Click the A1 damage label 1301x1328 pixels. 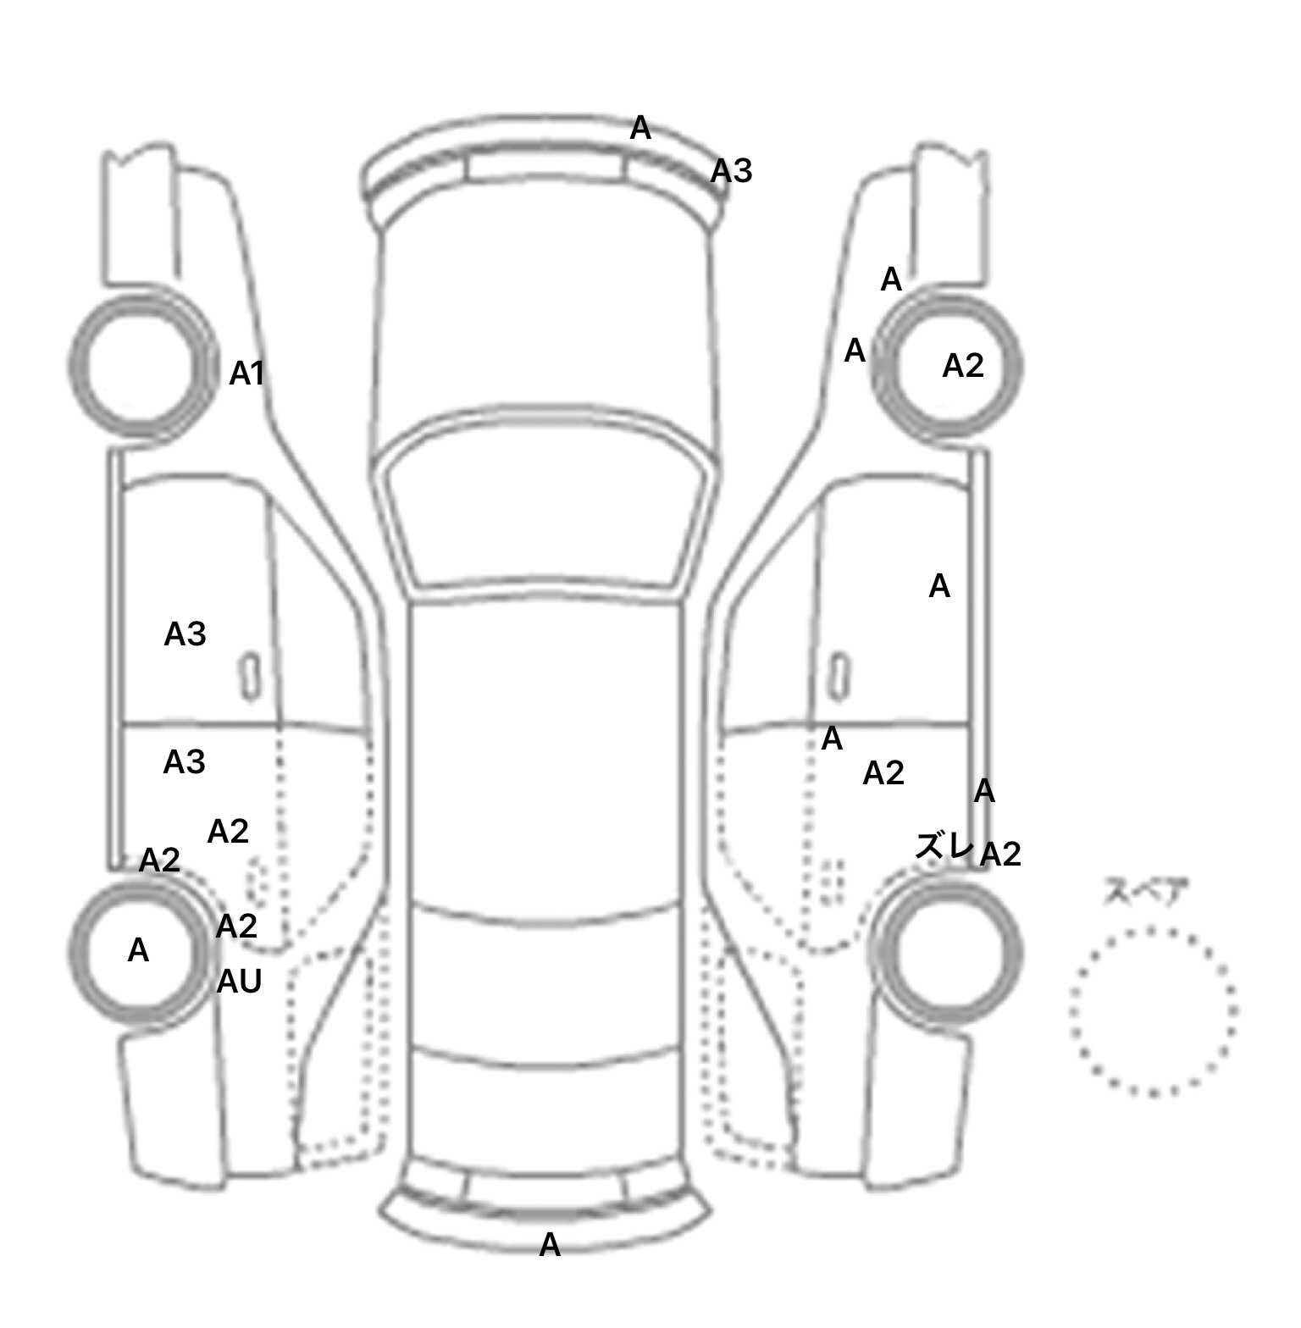tap(246, 373)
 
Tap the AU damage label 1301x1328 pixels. tap(239, 982)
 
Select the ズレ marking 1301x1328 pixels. tap(944, 845)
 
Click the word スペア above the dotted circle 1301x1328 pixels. tap(1146, 892)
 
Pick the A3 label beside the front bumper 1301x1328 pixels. tap(731, 172)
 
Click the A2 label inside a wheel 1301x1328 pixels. tap(963, 366)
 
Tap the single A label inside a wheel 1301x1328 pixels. tap(138, 951)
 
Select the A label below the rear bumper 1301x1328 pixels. tap(550, 1245)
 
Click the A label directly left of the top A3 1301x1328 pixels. tap(640, 129)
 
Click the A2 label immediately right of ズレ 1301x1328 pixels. tap(1000, 855)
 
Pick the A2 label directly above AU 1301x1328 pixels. tap(236, 927)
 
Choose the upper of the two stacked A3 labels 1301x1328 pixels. tap(185, 634)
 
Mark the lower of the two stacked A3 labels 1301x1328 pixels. tap(184, 763)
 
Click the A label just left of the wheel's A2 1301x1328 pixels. tap(855, 351)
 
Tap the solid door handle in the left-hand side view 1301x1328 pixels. tap(250, 677)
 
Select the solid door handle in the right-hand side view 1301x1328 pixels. tap(839, 677)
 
